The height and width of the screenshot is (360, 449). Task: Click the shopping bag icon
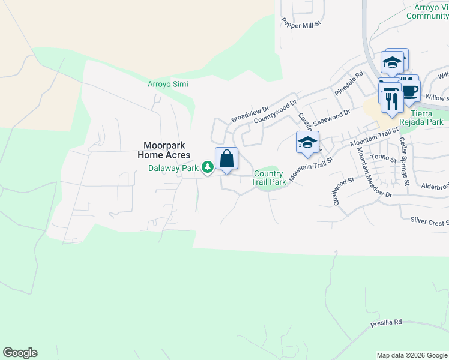[226, 159]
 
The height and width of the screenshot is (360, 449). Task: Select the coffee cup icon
[409, 91]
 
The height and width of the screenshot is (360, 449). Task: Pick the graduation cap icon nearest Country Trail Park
[307, 143]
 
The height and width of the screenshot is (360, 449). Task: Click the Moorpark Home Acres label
[163, 150]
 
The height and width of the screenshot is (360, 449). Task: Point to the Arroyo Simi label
[168, 84]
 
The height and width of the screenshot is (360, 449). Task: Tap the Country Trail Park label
[268, 178]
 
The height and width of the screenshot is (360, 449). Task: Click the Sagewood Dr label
[334, 115]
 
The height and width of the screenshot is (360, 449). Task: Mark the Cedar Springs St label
[405, 161]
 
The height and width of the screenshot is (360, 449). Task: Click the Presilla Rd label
[385, 323]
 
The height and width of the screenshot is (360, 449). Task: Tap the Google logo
[20, 353]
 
